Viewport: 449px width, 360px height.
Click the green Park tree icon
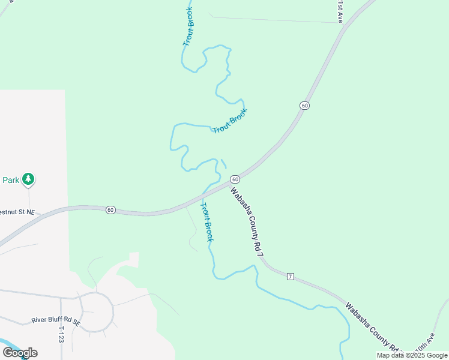pyautogui.click(x=28, y=179)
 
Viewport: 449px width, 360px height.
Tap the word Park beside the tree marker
pyautogui.click(x=11, y=179)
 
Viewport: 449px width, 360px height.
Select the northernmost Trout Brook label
pyautogui.click(x=189, y=28)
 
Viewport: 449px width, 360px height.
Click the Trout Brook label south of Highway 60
pyautogui.click(x=206, y=222)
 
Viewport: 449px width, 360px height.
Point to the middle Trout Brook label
pyautogui.click(x=231, y=121)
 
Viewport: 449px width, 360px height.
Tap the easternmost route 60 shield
pyautogui.click(x=305, y=106)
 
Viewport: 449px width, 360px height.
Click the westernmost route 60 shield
pyautogui.click(x=110, y=209)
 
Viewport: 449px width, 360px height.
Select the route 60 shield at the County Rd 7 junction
pyautogui.click(x=235, y=179)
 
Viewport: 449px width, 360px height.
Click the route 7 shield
pyautogui.click(x=291, y=276)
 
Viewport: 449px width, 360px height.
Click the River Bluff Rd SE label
pyautogui.click(x=56, y=322)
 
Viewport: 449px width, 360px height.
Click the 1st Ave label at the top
pyautogui.click(x=340, y=11)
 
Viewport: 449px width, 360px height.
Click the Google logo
pyautogui.click(x=20, y=352)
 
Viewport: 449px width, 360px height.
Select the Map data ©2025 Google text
pyautogui.click(x=411, y=355)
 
